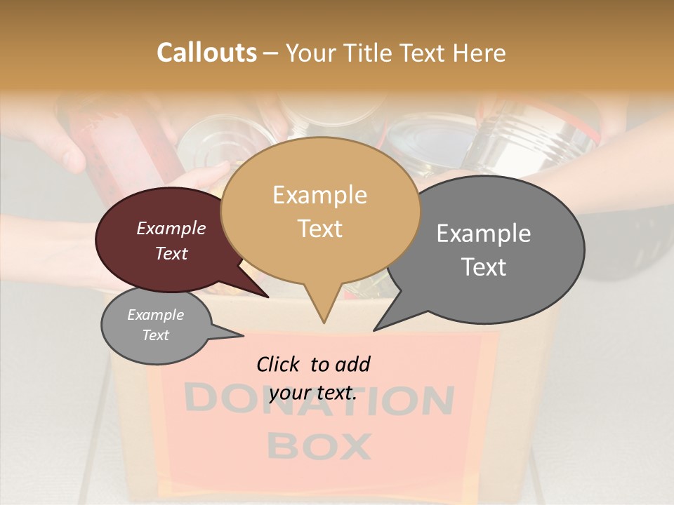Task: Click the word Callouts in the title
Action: point(206,53)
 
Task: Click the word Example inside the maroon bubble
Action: point(171,229)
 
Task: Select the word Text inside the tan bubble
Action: point(319,229)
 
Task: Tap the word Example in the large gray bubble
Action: point(483,234)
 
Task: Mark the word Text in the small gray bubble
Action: point(155,335)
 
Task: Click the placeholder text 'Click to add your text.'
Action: point(313,379)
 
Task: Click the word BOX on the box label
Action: point(319,446)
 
